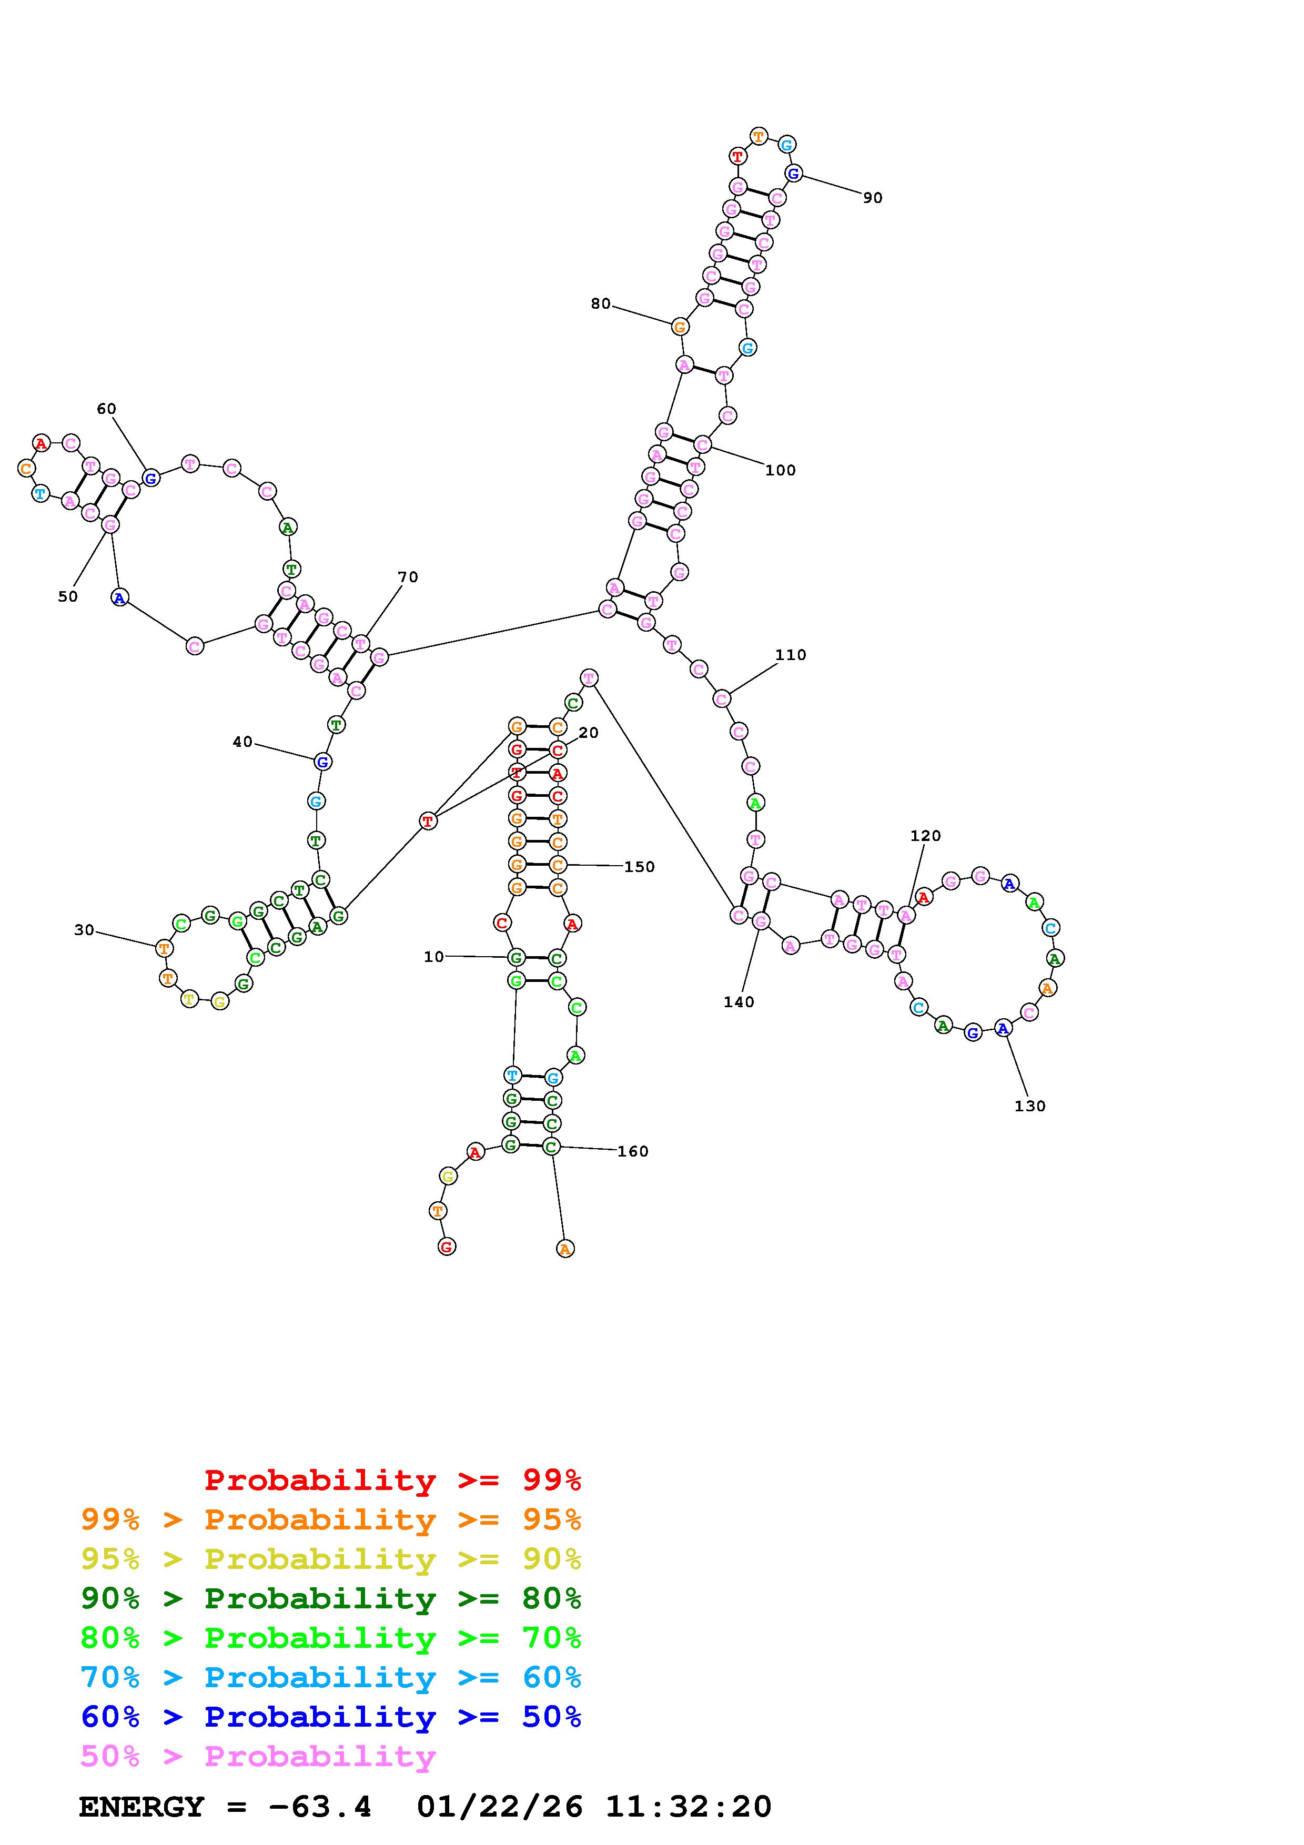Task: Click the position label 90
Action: [x=873, y=198]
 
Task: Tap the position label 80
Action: [x=600, y=304]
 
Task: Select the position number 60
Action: [x=106, y=409]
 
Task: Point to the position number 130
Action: [x=1030, y=1107]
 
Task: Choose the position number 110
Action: [x=791, y=655]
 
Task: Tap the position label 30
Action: [x=84, y=930]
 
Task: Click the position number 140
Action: [x=739, y=1002]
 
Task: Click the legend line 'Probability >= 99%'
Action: [x=393, y=1480]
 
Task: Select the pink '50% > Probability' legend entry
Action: [x=258, y=1757]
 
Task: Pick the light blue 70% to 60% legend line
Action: [x=331, y=1678]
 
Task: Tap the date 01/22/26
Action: [x=500, y=1807]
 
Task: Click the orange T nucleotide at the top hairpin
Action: [x=759, y=137]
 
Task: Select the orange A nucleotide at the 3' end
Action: [x=565, y=1249]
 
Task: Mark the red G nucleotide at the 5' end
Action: [x=447, y=1246]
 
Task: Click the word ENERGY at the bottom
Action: [x=141, y=1807]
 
